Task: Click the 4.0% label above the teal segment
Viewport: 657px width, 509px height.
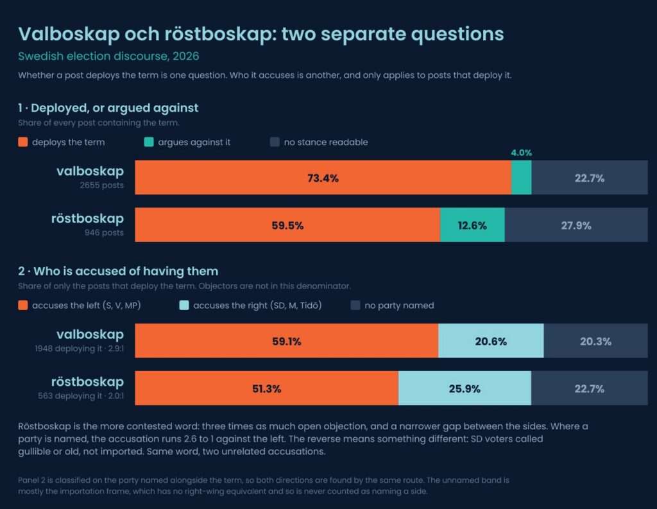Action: tap(521, 153)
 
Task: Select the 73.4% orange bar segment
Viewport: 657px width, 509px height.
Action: tap(323, 177)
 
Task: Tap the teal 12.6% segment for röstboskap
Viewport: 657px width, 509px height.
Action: tap(472, 225)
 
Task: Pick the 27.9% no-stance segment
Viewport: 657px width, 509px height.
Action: tap(576, 225)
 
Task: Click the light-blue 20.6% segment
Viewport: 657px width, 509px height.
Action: tap(491, 340)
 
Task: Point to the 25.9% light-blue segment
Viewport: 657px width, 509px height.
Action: tap(465, 388)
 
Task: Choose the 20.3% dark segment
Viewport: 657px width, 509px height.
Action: tap(596, 340)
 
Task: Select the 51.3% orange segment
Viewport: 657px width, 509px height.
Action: tap(266, 388)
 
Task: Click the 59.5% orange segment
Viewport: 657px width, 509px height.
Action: tap(287, 225)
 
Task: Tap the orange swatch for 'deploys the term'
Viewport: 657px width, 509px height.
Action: tap(23, 142)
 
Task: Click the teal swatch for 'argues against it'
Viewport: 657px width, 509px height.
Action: tap(149, 142)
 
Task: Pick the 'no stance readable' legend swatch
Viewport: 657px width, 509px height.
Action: tap(275, 142)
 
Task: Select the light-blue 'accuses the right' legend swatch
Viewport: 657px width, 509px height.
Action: tap(184, 306)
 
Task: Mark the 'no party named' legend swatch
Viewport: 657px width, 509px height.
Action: tap(355, 306)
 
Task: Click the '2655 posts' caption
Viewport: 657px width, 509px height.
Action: tap(102, 185)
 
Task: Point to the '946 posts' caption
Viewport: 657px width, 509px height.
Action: tap(104, 233)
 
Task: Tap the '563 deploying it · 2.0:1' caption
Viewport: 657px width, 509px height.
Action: tap(81, 396)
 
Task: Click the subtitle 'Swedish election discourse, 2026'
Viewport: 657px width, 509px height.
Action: tap(108, 56)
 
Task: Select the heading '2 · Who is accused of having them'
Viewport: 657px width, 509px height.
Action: tap(118, 272)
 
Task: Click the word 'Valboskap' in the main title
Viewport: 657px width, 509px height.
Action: tap(69, 35)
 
